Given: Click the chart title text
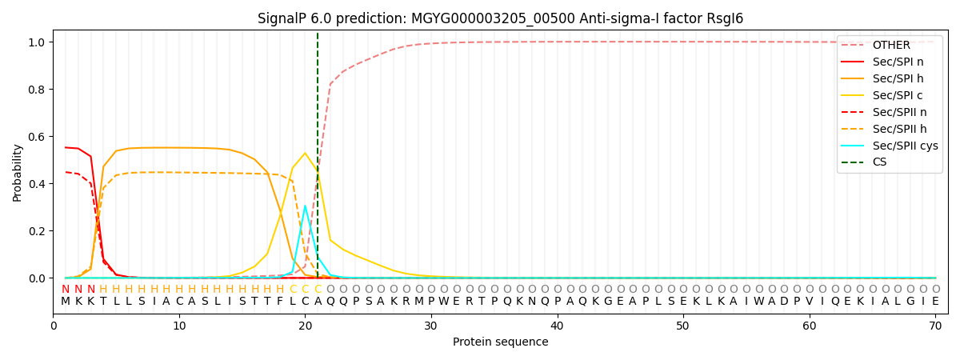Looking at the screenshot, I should [500, 18].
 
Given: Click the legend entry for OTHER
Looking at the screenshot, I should [890, 46].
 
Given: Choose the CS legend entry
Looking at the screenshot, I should [879, 162].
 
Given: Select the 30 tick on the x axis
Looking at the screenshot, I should [431, 326].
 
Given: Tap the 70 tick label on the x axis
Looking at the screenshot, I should [935, 326].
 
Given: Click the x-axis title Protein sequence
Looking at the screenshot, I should [500, 342].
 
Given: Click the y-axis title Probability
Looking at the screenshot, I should [18, 172].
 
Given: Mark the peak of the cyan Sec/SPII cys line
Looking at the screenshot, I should [305, 206].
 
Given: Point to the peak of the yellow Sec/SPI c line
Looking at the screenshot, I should [305, 153].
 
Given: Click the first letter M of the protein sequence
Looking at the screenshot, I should [66, 302].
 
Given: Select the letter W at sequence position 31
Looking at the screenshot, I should [443, 302].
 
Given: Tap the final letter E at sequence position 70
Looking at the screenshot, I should [935, 302].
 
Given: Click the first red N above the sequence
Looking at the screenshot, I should [66, 290].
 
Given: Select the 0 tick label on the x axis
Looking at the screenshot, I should [54, 326].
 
